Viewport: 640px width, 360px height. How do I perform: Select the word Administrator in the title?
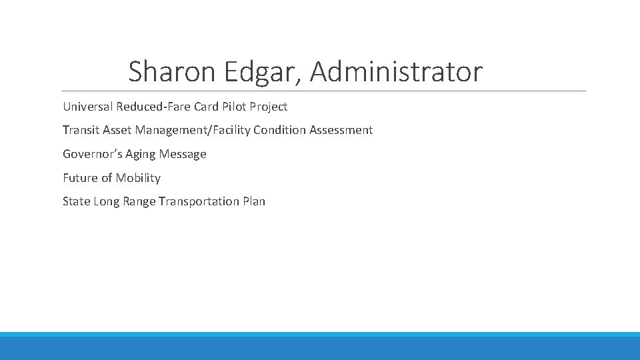(396, 72)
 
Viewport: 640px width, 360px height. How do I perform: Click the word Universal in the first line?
(88, 107)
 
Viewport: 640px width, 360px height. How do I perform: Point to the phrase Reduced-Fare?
(153, 107)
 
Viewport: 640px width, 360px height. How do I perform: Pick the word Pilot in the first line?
(234, 107)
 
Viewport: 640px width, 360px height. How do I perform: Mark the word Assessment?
(341, 130)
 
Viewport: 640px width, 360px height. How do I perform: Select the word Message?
(183, 154)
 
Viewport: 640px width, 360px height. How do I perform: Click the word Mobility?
(138, 178)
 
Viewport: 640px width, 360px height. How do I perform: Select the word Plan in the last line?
(254, 201)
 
